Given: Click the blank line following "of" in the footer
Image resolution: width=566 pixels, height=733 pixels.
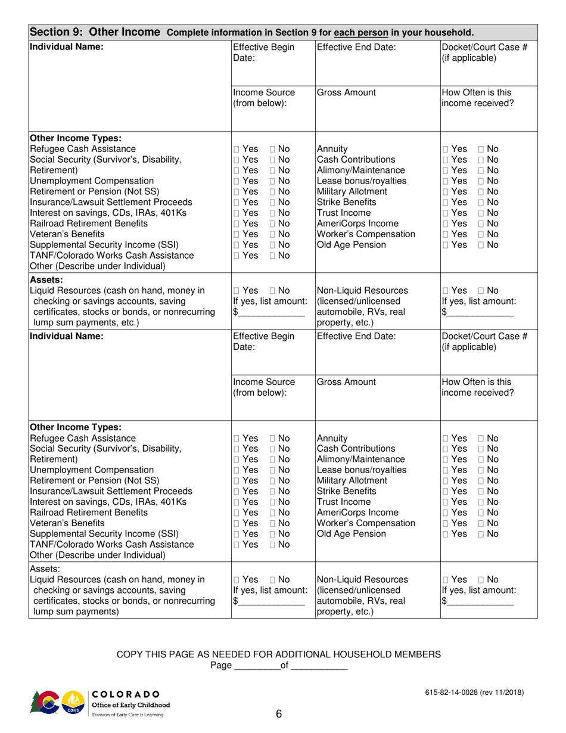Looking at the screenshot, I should [x=318, y=667].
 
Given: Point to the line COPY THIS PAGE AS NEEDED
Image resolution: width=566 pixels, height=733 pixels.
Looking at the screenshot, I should [x=278, y=654].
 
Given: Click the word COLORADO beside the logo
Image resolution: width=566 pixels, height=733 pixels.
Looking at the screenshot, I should [x=126, y=694].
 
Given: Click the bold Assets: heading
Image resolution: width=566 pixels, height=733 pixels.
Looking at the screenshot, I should [x=46, y=279].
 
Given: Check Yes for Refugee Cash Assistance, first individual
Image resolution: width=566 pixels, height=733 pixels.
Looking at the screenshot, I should [x=237, y=149].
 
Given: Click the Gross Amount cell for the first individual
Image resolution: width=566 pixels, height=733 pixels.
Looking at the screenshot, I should [x=377, y=107].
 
